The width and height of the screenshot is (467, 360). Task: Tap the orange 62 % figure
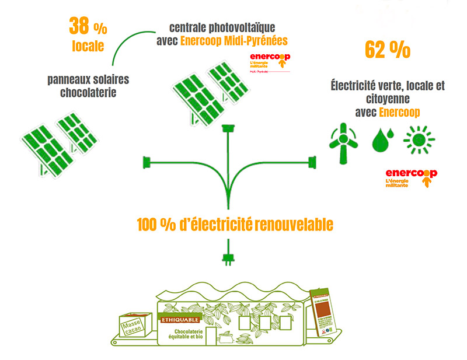(x=387, y=50)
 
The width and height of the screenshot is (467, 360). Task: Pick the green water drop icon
(x=382, y=139)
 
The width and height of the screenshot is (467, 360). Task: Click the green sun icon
(x=420, y=139)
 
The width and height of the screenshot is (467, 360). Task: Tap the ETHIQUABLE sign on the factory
(x=180, y=319)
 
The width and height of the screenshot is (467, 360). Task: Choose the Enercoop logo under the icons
(x=411, y=178)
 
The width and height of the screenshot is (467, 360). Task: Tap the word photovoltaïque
(x=246, y=27)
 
